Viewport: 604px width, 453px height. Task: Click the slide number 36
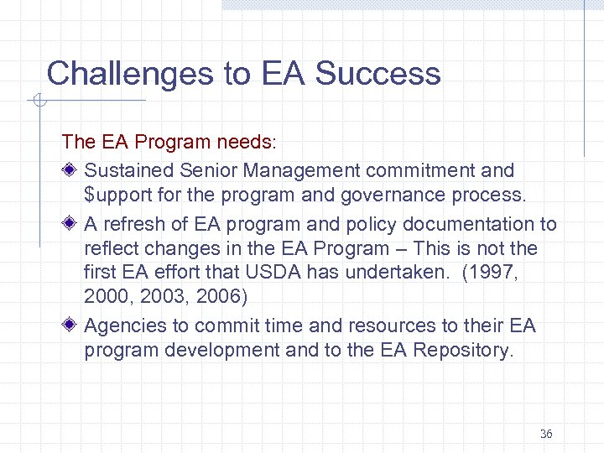coord(546,434)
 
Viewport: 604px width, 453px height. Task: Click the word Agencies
coord(123,325)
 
